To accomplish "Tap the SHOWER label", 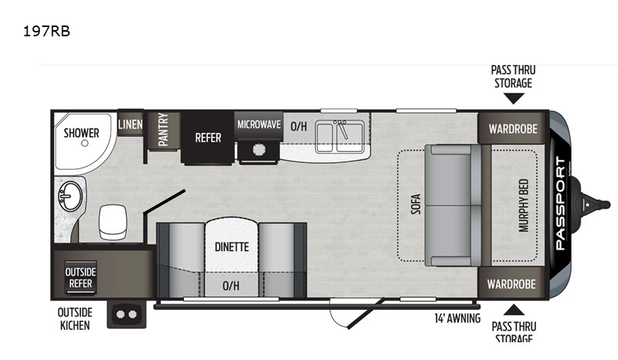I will coord(81,133).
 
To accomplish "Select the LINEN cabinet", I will coord(130,124).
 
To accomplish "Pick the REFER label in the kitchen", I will coord(208,138).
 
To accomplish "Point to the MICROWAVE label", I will coord(259,124).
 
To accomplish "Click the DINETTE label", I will coord(231,247).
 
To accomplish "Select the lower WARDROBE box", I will coord(511,284).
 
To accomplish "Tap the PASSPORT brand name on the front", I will coord(560,204).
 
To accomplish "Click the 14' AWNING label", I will coord(457,318).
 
